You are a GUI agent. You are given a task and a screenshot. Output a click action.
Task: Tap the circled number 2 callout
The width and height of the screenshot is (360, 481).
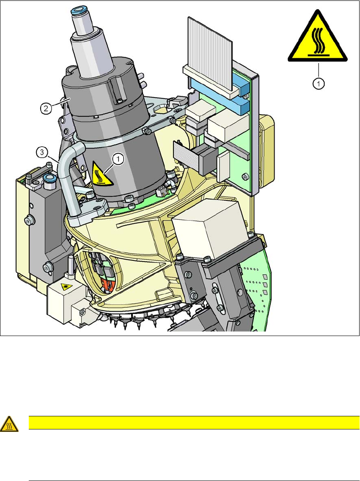(47, 108)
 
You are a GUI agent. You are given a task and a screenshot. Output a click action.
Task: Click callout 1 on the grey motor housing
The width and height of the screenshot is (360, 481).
(119, 159)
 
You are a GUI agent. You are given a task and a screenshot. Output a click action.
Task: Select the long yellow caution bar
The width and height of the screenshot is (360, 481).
(190, 422)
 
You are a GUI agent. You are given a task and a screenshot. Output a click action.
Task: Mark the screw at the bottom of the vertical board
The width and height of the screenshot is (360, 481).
(244, 176)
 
